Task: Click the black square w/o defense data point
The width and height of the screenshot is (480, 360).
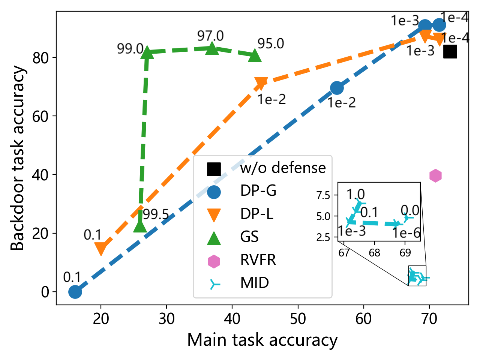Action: pyautogui.click(x=450, y=52)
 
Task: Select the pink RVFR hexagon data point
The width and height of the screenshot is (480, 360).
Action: pyautogui.click(x=435, y=175)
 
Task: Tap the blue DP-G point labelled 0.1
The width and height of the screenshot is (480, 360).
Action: pyautogui.click(x=75, y=292)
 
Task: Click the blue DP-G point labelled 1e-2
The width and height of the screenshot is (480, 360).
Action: pyautogui.click(x=337, y=88)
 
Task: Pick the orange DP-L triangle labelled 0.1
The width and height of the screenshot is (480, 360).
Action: pyautogui.click(x=101, y=248)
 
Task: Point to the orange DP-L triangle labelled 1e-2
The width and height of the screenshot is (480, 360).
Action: pyautogui.click(x=261, y=83)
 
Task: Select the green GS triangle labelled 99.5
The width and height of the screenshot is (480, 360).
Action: pyautogui.click(x=140, y=226)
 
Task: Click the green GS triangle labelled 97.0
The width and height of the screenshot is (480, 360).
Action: pyautogui.click(x=212, y=48)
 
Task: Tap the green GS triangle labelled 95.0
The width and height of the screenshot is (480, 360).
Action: pyautogui.click(x=255, y=56)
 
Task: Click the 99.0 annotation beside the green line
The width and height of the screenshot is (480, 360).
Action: pyautogui.click(x=130, y=49)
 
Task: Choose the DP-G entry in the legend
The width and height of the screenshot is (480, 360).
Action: pyautogui.click(x=258, y=191)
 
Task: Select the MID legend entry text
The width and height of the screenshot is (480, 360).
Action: pyautogui.click(x=255, y=283)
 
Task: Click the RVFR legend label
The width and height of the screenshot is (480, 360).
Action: pyautogui.click(x=258, y=260)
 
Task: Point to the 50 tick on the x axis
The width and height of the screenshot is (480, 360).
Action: pyautogui.click(x=298, y=319)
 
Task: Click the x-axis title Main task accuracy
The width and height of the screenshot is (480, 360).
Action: pyautogui.click(x=262, y=340)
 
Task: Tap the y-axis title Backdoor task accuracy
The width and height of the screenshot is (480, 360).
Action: pyautogui.click(x=17, y=158)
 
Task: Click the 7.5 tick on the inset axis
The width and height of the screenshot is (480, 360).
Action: pyautogui.click(x=323, y=195)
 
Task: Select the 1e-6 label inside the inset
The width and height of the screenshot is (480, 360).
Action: pyautogui.click(x=406, y=233)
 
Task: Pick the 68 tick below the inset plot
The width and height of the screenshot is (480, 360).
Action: pyautogui.click(x=374, y=253)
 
